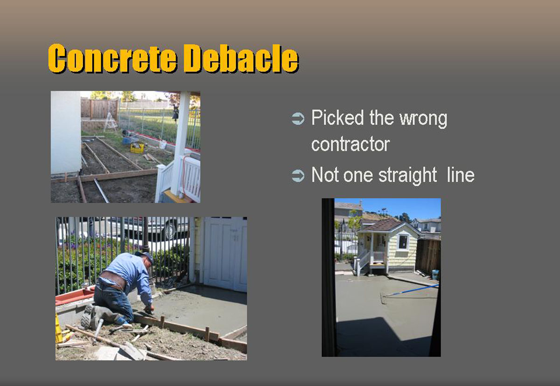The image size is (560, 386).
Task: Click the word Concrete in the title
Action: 112,58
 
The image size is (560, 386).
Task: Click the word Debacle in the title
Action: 242,59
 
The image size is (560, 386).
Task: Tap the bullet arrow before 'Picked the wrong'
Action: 298,118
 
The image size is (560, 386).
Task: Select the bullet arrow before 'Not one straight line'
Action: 298,175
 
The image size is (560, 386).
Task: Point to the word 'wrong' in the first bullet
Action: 424,119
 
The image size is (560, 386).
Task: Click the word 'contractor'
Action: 350,145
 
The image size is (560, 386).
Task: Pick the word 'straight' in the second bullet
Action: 407,175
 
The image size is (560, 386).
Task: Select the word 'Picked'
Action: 337,117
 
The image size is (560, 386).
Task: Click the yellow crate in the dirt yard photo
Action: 137,148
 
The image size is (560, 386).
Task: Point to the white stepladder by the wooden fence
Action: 110,122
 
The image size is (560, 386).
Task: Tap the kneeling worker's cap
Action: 146,257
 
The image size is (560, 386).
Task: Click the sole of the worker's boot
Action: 87,317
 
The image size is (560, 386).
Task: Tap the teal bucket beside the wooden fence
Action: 435,275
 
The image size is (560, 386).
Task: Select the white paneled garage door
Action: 225,254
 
